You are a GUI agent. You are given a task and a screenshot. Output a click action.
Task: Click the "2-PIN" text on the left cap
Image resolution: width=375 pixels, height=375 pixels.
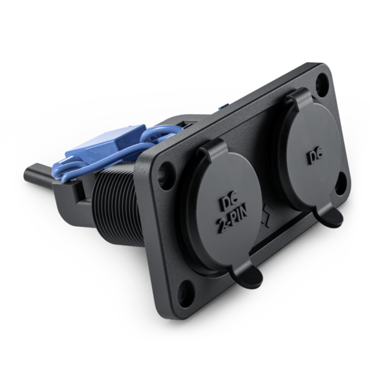click(232, 220)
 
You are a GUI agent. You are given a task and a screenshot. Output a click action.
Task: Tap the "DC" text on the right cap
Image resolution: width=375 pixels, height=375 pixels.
click(314, 157)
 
